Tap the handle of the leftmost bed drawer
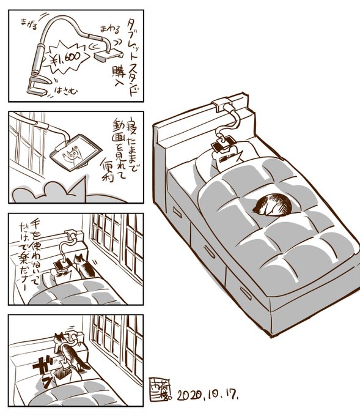click(x=178, y=213)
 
